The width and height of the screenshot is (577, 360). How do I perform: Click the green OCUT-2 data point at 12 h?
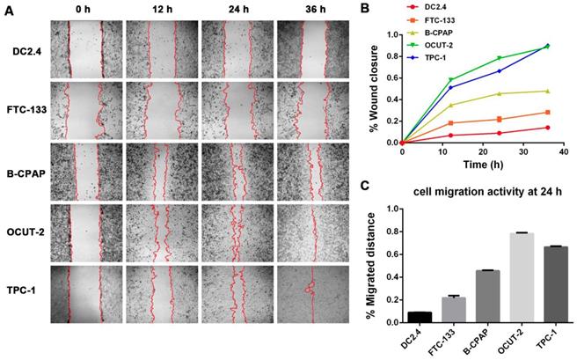tap(450, 80)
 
